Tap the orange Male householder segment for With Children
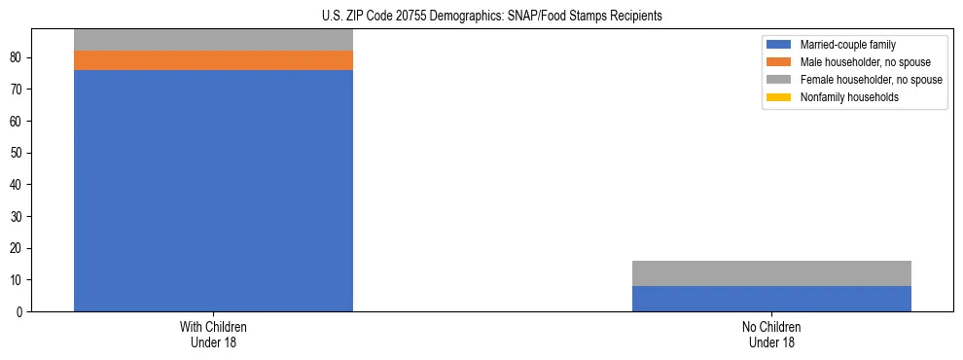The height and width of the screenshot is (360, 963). pos(213,60)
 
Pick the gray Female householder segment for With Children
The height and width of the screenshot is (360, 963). pos(213,39)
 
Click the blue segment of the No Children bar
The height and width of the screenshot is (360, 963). pos(771,299)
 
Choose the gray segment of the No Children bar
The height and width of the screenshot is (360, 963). pos(771,273)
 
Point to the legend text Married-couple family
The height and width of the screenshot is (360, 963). pos(848,45)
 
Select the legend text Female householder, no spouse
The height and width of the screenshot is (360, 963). pos(871,80)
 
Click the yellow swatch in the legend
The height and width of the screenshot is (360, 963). pos(779,97)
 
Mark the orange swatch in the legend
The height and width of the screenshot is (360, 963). pos(779,62)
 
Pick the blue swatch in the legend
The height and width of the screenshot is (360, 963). pos(779,45)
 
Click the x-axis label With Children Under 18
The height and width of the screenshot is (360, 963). pos(213,335)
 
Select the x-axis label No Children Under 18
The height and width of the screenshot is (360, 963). pos(771,335)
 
